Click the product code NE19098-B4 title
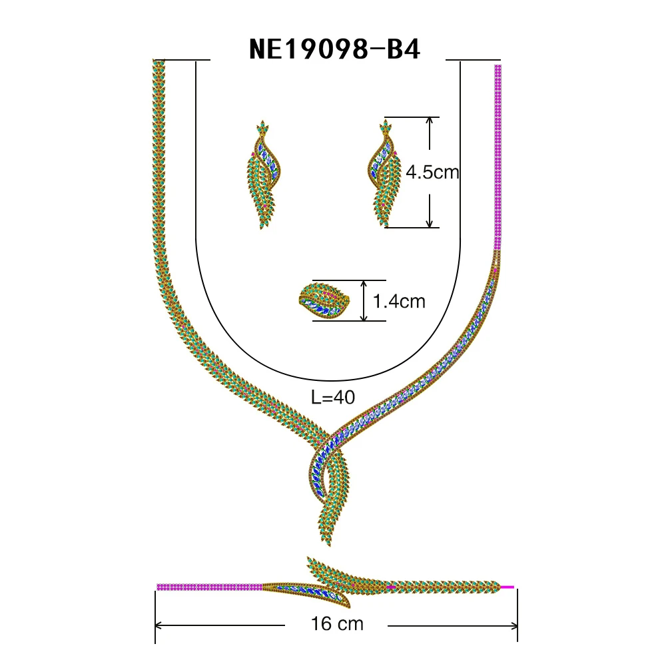tap(334, 49)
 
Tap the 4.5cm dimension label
tap(433, 172)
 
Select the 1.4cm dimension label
tap(399, 302)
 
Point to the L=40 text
tap(333, 398)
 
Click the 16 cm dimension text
tap(337, 625)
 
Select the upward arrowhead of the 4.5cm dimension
tap(431, 121)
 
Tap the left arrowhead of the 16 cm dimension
tap(159, 625)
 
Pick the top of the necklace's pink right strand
tap(498, 68)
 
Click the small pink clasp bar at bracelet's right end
tap(507, 587)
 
